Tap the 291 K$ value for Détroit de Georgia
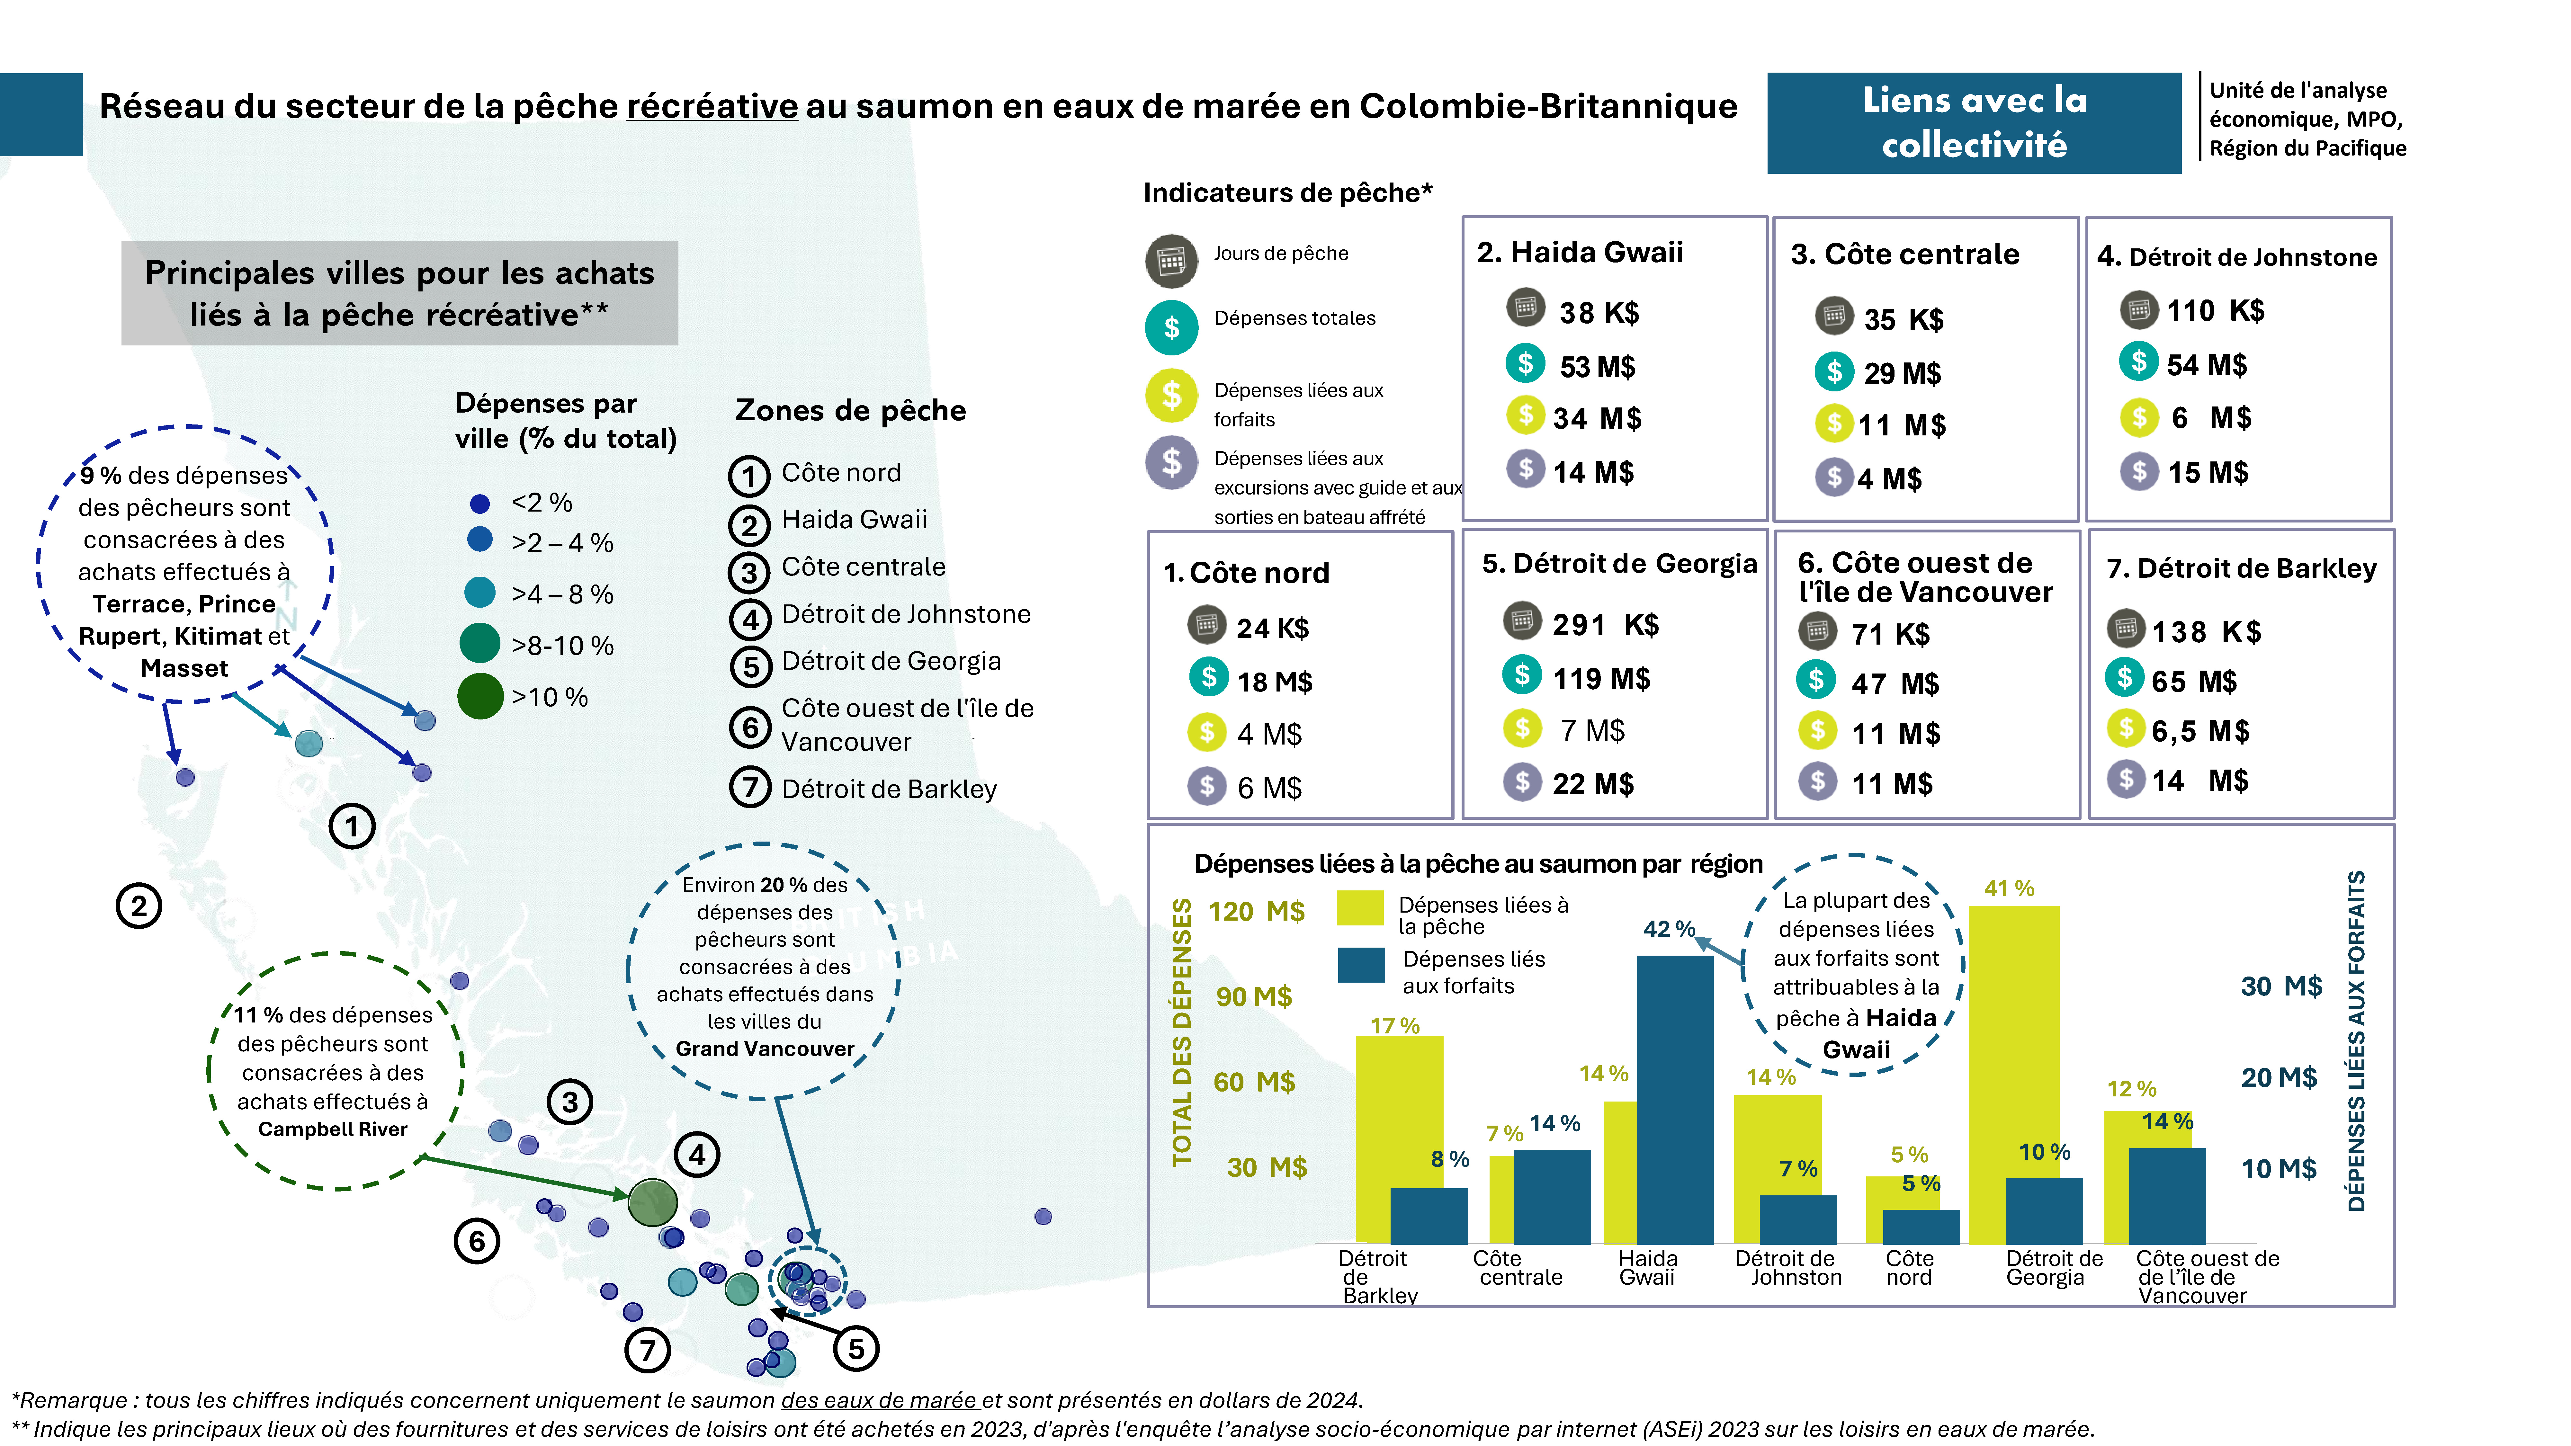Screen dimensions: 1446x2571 (x=1604, y=625)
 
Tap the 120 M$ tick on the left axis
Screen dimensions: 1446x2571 (x=1256, y=911)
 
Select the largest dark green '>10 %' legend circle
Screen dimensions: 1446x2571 (x=480, y=697)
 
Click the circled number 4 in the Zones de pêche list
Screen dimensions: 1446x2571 (x=749, y=620)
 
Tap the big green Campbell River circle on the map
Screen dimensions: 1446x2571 (x=653, y=1202)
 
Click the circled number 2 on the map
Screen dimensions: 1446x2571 (x=139, y=906)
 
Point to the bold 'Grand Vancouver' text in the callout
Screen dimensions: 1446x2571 (x=765, y=1049)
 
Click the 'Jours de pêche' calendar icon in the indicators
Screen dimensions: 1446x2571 (x=1171, y=262)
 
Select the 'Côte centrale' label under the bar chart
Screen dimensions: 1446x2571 (x=1517, y=1268)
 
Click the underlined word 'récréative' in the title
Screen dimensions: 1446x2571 (x=712, y=106)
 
